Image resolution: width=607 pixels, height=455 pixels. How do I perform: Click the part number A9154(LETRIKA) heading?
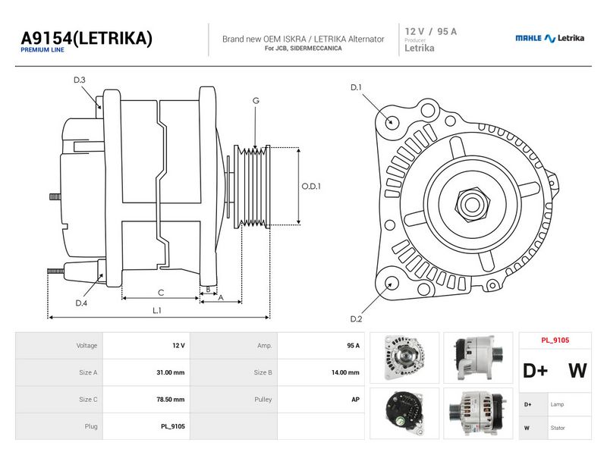click(x=86, y=39)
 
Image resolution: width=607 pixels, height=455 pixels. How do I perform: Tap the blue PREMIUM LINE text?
click(x=42, y=50)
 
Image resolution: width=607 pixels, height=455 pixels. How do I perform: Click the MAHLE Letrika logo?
click(x=549, y=38)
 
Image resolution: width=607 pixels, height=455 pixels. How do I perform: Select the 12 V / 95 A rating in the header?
click(x=430, y=31)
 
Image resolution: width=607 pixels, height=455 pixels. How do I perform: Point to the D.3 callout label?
click(x=80, y=80)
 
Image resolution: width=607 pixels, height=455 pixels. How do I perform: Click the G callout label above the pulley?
click(x=256, y=101)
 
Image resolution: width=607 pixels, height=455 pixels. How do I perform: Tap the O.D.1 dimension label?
click(x=311, y=186)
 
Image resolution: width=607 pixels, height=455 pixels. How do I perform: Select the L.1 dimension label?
click(x=157, y=310)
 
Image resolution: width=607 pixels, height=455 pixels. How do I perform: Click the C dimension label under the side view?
click(x=161, y=293)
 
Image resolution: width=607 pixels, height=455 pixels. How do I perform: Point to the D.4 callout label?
click(x=81, y=303)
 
